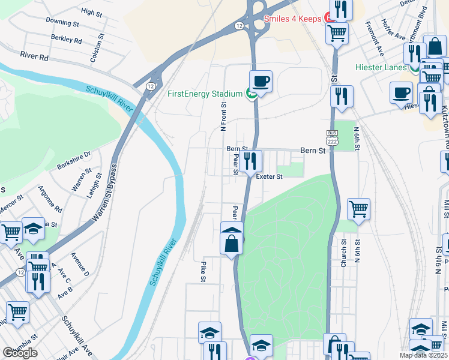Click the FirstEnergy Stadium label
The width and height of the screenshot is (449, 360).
205,94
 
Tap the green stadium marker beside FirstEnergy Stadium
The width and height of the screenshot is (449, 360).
251,94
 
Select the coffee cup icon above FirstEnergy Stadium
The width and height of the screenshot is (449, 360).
261,81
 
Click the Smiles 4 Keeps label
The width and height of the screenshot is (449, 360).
292,19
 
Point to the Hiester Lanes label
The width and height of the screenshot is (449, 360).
381,67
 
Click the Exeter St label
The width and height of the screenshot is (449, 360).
269,176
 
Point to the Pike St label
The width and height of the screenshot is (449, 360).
203,271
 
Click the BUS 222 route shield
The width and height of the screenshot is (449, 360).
333,137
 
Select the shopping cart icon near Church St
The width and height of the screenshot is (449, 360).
358,209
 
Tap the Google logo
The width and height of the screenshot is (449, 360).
19,353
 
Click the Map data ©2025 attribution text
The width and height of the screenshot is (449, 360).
423,355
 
